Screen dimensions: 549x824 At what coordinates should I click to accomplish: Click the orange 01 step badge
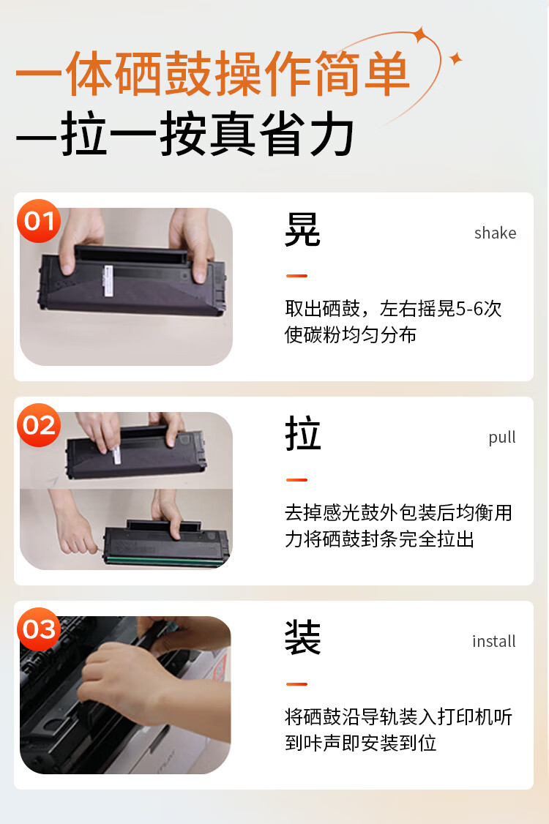click(39, 221)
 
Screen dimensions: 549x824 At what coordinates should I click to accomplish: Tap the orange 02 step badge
click(39, 425)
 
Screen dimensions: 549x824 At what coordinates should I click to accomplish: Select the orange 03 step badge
click(39, 629)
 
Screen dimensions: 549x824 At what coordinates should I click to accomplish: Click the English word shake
click(495, 233)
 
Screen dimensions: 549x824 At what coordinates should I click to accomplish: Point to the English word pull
click(502, 438)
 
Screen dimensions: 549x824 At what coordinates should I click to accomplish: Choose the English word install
click(494, 641)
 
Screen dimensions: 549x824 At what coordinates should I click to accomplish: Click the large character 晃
click(302, 229)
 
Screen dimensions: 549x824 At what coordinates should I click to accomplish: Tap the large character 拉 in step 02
click(302, 433)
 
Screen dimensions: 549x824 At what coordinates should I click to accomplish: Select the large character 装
click(302, 637)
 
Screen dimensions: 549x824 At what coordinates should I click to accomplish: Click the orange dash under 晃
click(296, 275)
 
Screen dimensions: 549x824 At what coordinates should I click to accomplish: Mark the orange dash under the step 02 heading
click(296, 480)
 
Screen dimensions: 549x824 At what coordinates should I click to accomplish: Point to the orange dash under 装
click(296, 683)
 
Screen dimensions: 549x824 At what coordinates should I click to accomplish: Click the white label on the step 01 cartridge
click(109, 281)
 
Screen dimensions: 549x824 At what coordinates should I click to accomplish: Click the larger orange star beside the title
click(420, 34)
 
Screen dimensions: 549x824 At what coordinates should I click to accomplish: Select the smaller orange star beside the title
click(455, 59)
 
